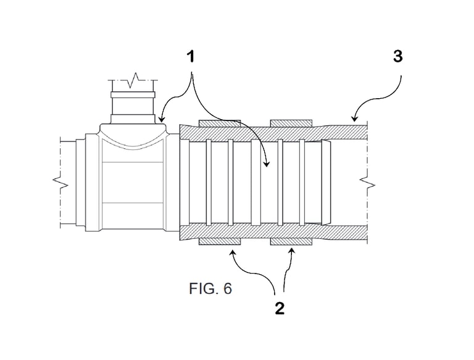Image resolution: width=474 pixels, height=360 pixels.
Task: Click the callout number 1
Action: pyautogui.click(x=191, y=57)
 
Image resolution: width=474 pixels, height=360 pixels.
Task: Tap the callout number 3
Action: pyautogui.click(x=398, y=56)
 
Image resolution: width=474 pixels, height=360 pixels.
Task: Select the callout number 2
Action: pyautogui.click(x=280, y=309)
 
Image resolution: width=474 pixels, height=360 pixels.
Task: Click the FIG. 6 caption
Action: pyautogui.click(x=210, y=288)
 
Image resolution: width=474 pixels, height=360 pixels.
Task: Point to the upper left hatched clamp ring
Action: pyautogui.click(x=220, y=123)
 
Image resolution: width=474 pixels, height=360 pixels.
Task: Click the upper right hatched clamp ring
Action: pyautogui.click(x=291, y=123)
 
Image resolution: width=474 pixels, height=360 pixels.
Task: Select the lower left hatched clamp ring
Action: pyautogui.click(x=220, y=241)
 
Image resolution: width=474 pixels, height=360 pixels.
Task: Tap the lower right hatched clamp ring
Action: pyautogui.click(x=291, y=241)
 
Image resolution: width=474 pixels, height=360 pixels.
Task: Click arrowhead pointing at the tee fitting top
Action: pyautogui.click(x=162, y=120)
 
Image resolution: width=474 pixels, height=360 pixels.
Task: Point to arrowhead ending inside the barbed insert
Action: pyautogui.click(x=267, y=164)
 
